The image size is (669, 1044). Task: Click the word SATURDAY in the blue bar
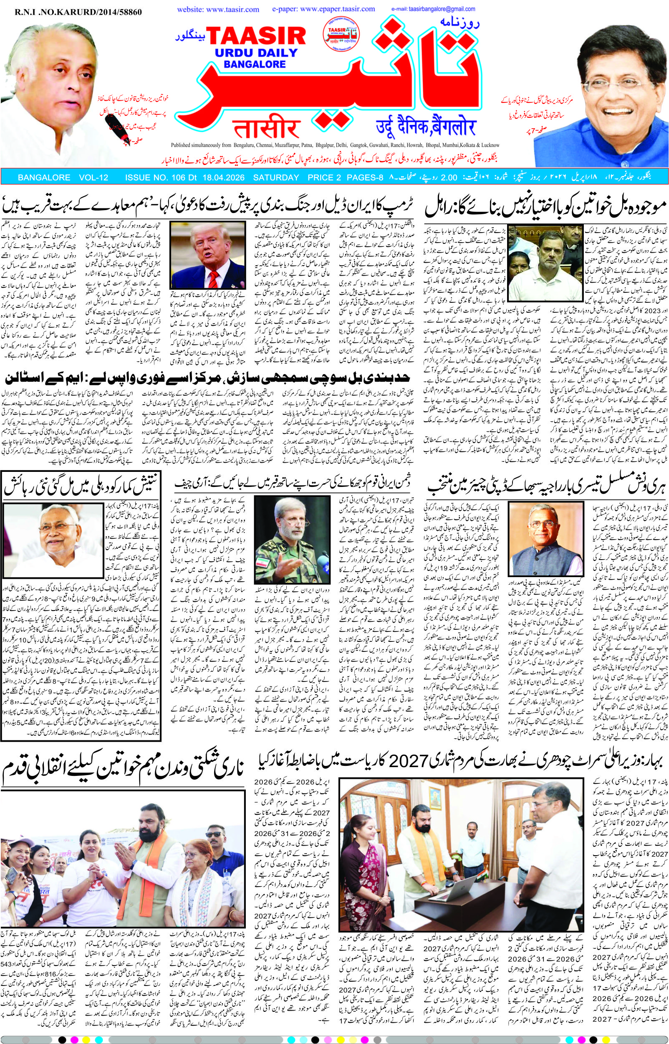pos(276,177)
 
